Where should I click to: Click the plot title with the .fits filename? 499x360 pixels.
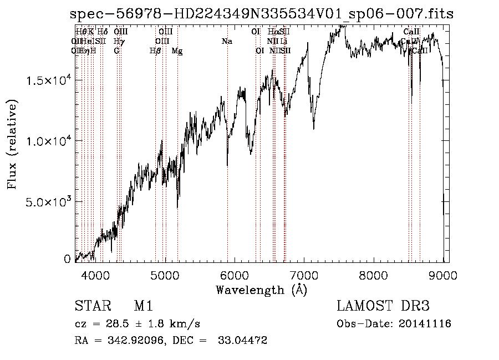click(261, 14)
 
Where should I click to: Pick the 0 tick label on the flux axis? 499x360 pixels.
click(67, 259)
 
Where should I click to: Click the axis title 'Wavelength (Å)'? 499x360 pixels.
click(261, 290)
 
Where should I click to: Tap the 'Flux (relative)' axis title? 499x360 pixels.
click(12, 144)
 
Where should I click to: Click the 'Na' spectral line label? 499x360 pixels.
click(227, 41)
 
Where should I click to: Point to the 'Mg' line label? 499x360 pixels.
click(177, 51)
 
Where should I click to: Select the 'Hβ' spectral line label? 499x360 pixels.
click(155, 51)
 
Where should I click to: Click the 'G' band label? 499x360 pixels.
click(116, 51)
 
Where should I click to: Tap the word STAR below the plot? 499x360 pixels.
click(92, 307)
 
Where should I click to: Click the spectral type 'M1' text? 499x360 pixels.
click(143, 307)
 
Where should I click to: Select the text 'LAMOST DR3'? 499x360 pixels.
click(383, 307)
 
